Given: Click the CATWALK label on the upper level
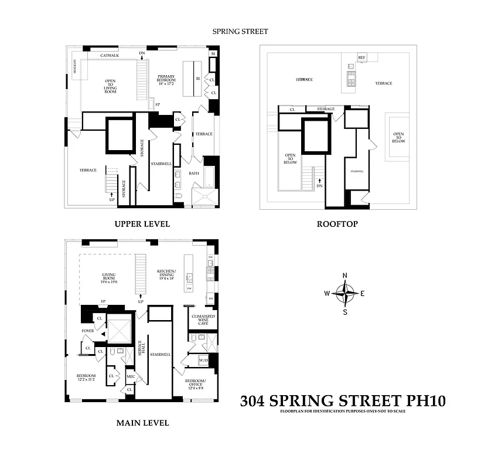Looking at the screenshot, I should tap(110, 56).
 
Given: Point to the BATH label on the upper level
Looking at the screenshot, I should tap(193, 174).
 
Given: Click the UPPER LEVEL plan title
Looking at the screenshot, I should tap(142, 224).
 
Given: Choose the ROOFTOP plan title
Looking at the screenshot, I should tap(337, 224).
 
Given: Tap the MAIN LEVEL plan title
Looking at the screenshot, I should tap(142, 423).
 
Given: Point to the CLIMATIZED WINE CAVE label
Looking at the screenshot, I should tap(203, 320).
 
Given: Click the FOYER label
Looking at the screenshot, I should tap(87, 331).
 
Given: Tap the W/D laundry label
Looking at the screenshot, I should tap(204, 360).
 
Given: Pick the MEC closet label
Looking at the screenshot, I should tap(131, 376).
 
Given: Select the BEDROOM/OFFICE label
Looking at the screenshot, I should tap(196, 385).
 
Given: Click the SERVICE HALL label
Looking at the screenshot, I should tap(140, 348).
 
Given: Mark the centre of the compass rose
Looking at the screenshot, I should tap(345, 293).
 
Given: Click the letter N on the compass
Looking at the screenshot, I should tap(345, 276).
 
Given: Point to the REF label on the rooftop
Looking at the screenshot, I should tap(361, 57).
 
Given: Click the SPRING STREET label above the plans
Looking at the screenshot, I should tap(240, 32).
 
